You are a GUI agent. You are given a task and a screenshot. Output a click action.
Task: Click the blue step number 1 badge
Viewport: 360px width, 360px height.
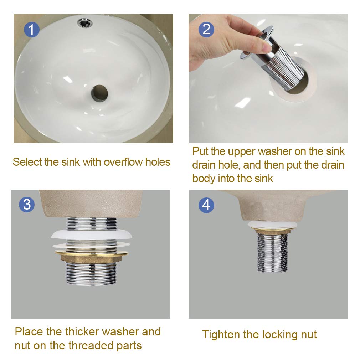[x=32, y=30]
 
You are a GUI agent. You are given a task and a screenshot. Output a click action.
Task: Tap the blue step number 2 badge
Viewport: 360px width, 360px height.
[x=206, y=29]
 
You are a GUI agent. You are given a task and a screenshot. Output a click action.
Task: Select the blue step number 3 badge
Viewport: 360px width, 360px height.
[x=27, y=204]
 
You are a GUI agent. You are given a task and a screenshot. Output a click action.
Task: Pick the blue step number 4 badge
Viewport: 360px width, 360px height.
[x=206, y=205]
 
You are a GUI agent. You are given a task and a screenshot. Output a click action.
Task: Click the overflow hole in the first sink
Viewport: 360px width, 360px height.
[x=85, y=23]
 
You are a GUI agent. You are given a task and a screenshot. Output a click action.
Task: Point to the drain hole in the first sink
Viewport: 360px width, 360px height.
[x=99, y=93]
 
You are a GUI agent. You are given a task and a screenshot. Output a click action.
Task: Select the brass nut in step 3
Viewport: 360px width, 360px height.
[x=91, y=257]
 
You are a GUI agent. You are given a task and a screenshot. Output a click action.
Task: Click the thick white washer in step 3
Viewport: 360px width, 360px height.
[x=91, y=235]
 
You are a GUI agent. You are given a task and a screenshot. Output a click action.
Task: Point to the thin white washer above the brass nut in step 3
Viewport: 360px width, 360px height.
[x=91, y=245]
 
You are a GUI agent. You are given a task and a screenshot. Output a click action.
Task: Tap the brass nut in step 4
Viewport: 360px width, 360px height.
[x=272, y=231]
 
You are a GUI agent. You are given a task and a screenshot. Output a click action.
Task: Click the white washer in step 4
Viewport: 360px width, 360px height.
[x=272, y=225]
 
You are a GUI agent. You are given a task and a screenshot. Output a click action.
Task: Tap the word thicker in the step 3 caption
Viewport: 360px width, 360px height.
[x=82, y=331]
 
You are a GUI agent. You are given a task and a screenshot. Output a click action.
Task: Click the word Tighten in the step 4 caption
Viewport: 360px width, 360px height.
[x=221, y=335]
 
